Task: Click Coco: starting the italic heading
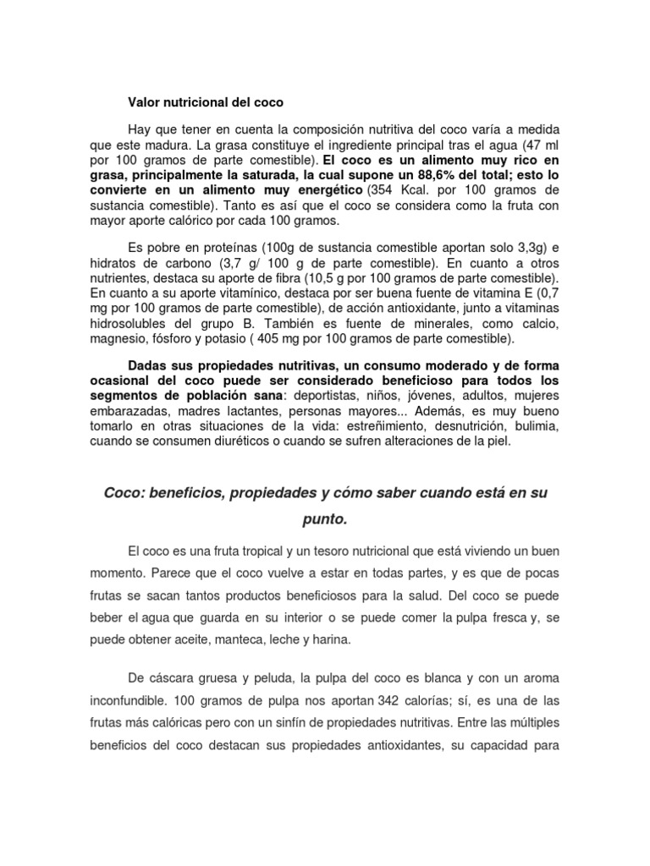coord(122,491)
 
